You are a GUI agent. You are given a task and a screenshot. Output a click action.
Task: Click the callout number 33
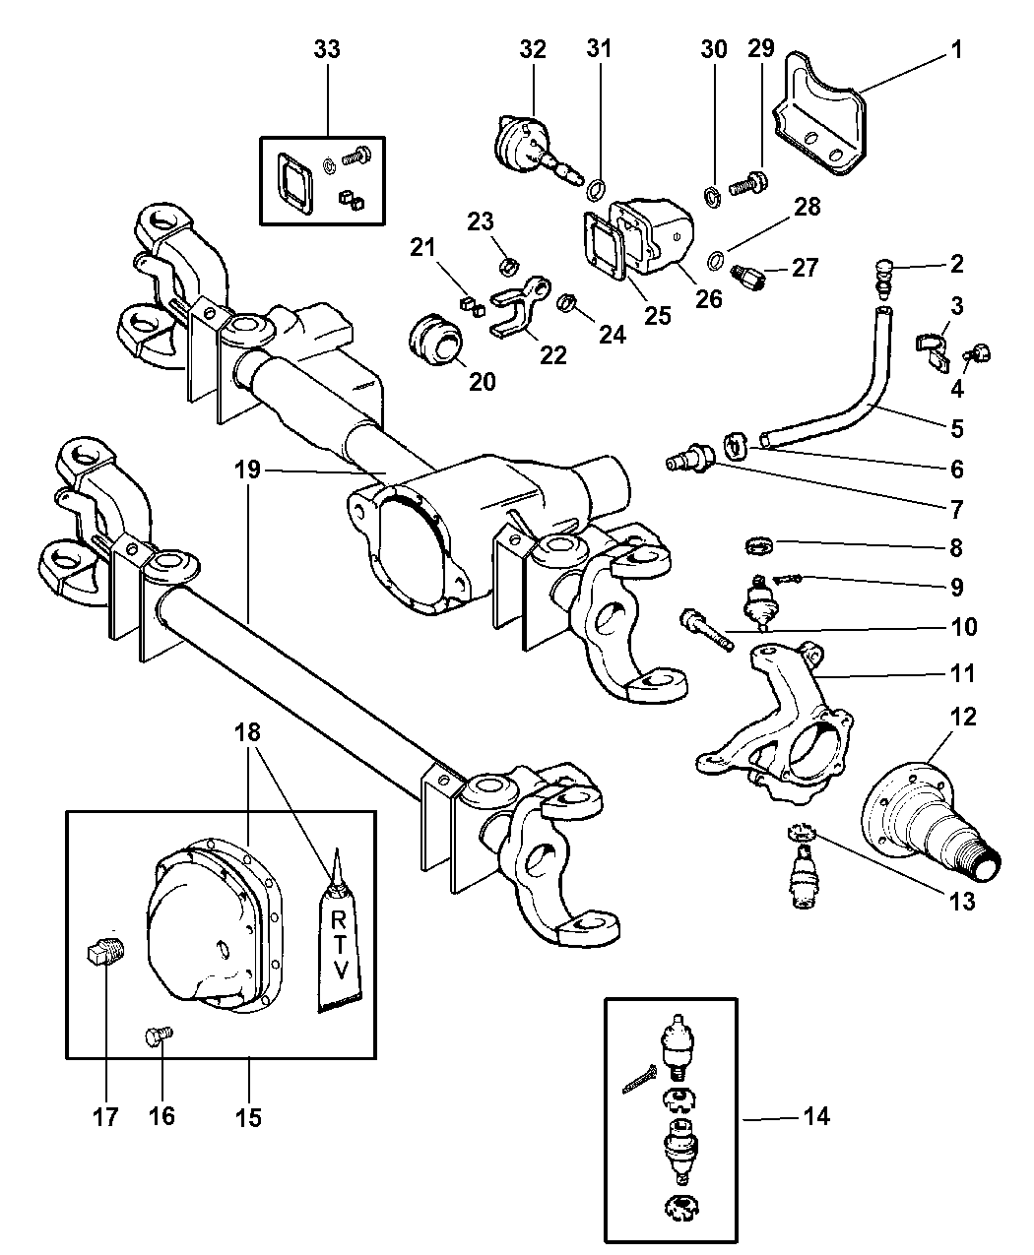327,49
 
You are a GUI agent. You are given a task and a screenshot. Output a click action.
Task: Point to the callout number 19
248,471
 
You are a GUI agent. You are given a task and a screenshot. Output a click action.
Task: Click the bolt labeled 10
704,630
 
